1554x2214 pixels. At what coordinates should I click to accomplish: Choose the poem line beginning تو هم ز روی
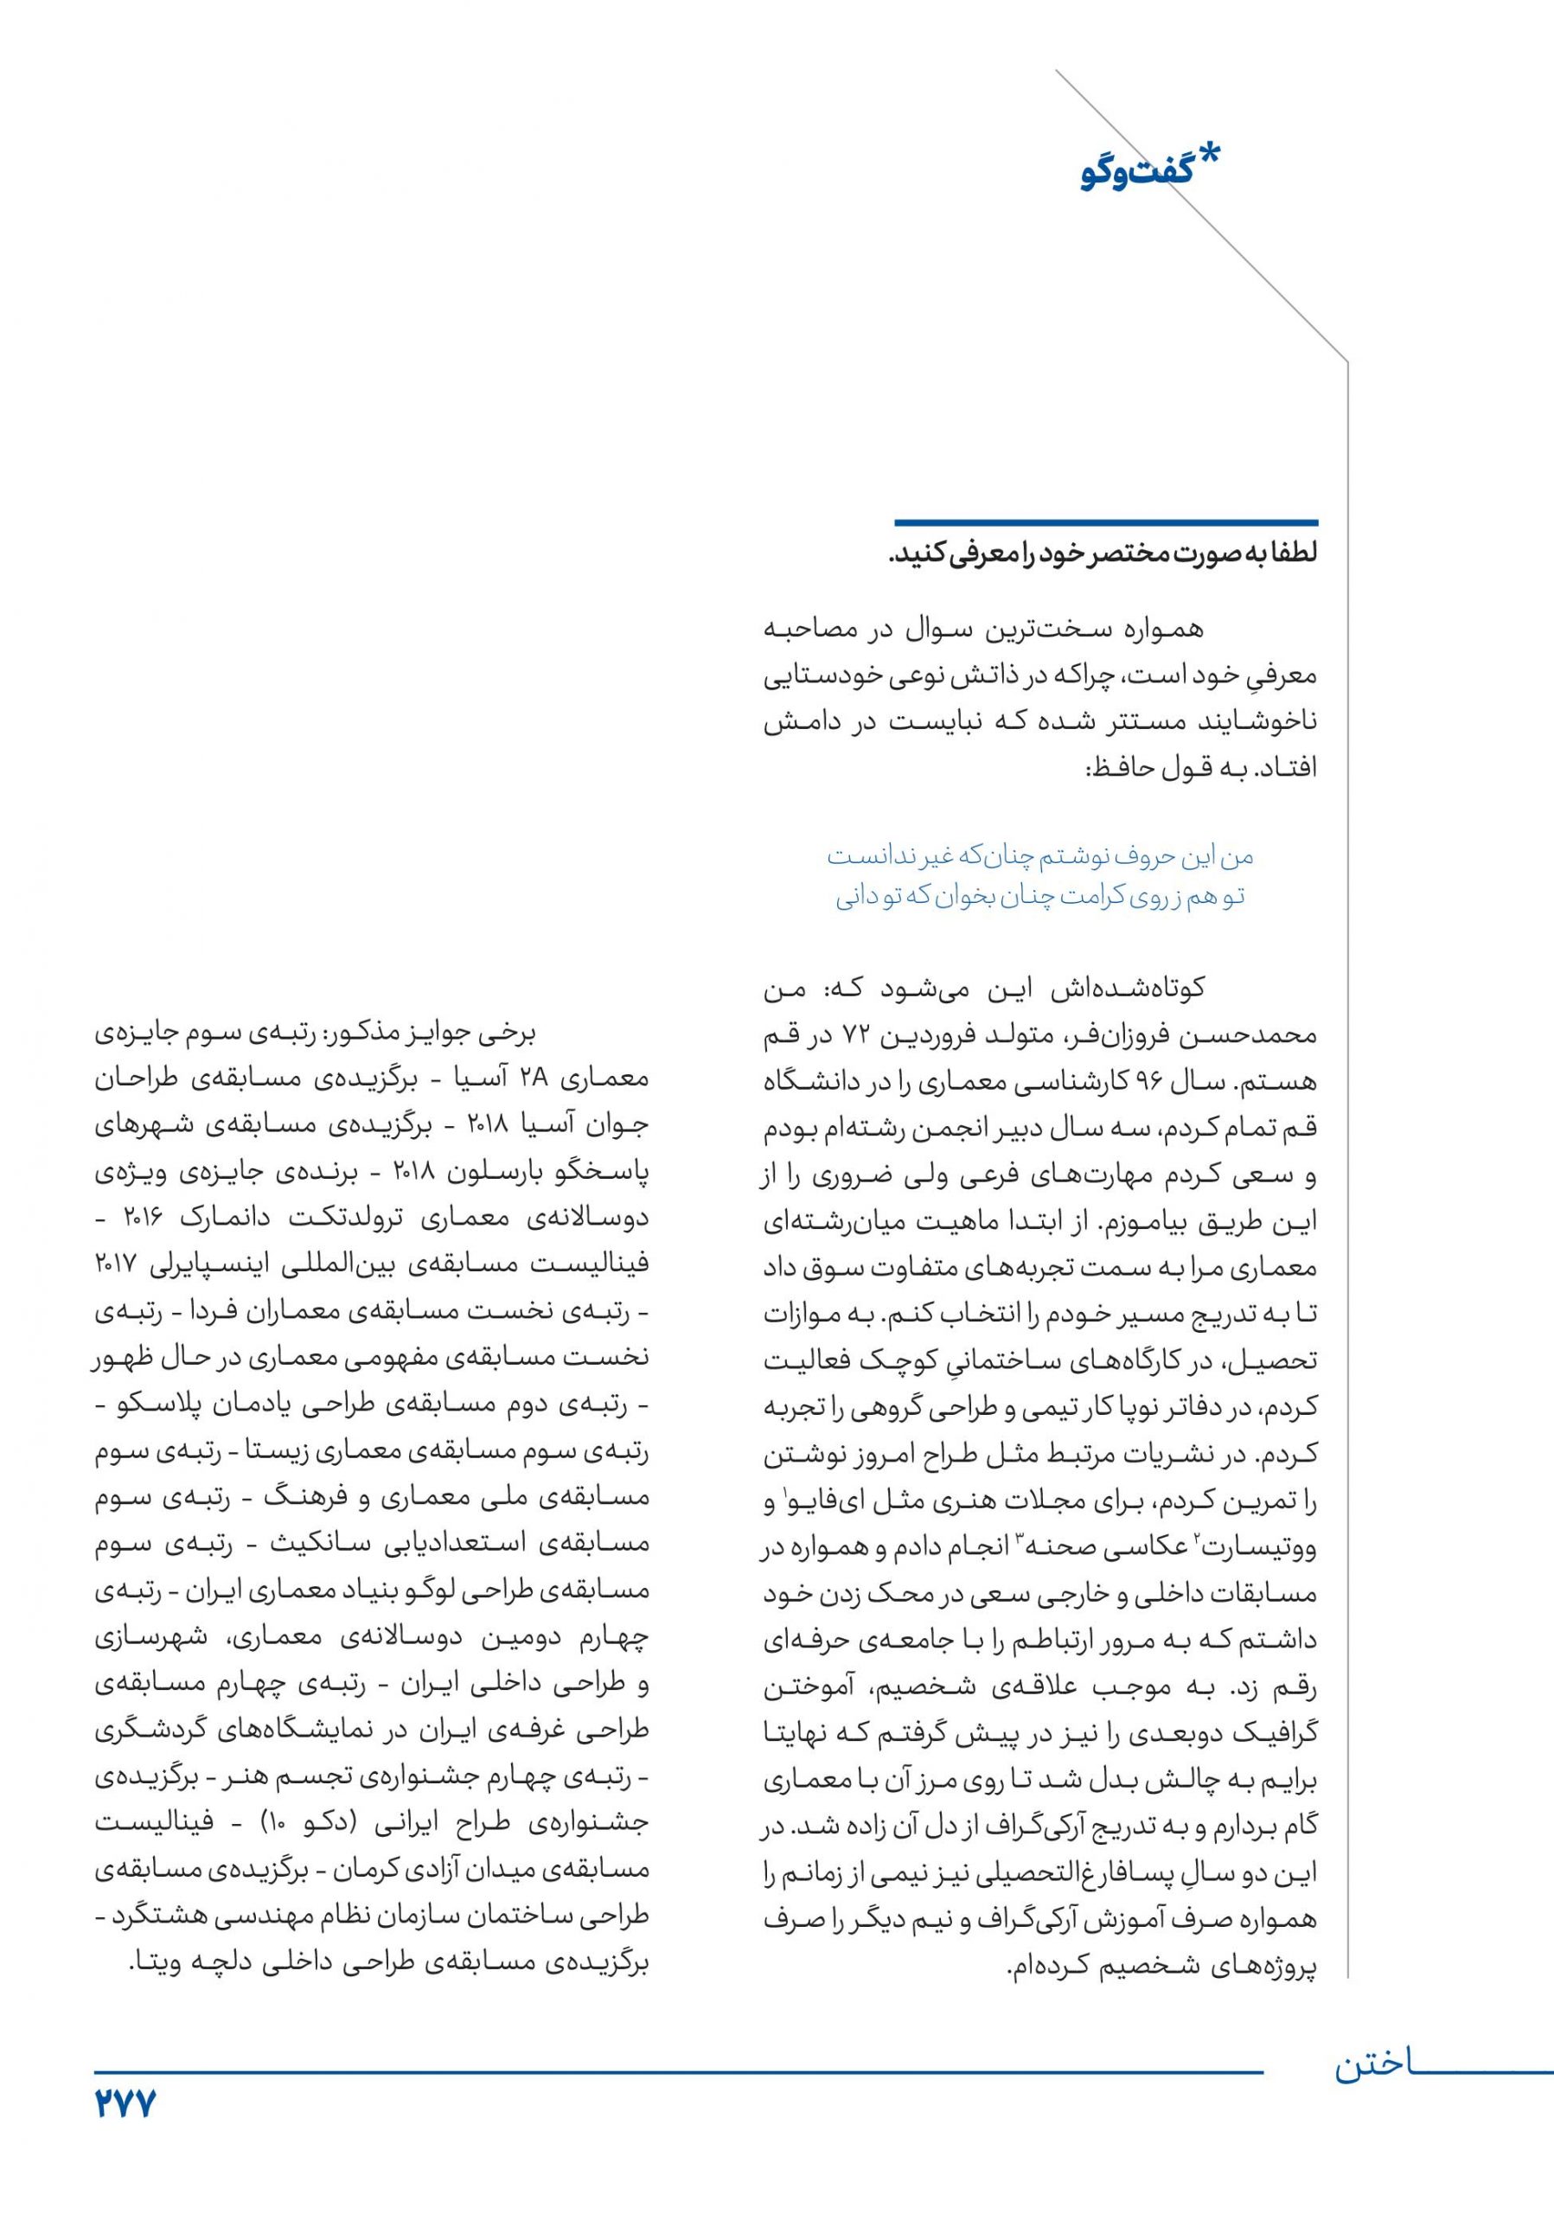pyautogui.click(x=1040, y=897)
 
